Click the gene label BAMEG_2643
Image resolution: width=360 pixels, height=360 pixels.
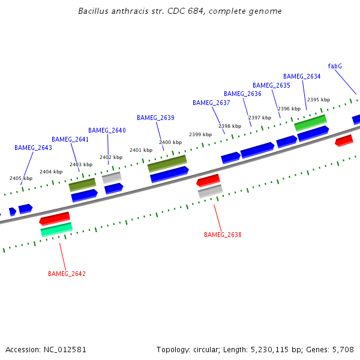pos(33,148)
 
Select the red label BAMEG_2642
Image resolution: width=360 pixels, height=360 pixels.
pos(67,274)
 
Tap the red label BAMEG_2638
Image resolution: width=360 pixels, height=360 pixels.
pos(223,235)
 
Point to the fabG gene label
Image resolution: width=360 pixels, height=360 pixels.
pos(335,66)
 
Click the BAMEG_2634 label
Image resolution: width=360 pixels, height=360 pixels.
pos(302,77)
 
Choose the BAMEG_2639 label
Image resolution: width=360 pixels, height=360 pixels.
pos(155,118)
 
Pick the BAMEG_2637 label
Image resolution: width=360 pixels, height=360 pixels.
pos(211,103)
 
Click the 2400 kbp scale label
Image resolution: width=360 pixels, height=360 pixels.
pos(170,142)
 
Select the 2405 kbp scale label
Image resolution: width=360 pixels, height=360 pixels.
pos(20,178)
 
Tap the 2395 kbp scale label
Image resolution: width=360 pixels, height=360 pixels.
pos(318,100)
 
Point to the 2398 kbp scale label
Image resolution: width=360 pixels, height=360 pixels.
pos(229,126)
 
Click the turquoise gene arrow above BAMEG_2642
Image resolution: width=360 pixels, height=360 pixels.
pos(56,229)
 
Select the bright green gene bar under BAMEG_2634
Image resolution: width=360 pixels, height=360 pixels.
pos(310,122)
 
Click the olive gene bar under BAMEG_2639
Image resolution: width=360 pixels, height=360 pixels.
pos(167,163)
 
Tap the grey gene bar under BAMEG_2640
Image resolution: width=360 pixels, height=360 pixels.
pos(112,178)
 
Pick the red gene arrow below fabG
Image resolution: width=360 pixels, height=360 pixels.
pos(344,140)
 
